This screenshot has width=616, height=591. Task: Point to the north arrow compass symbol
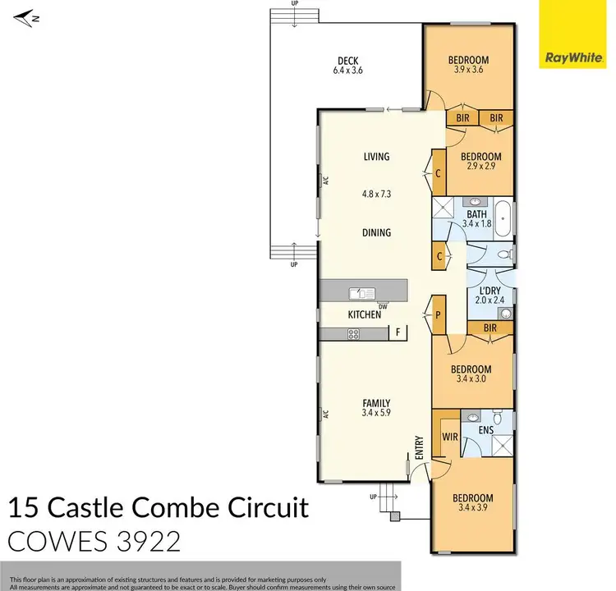27,16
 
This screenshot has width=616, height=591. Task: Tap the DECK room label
350,60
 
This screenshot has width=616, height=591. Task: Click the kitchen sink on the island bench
361,291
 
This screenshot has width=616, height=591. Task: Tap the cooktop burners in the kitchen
354,333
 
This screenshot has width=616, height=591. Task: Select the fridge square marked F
398,333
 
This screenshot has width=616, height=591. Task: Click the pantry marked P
439,314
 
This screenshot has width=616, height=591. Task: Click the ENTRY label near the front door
420,448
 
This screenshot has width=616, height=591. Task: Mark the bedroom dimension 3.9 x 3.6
468,71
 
